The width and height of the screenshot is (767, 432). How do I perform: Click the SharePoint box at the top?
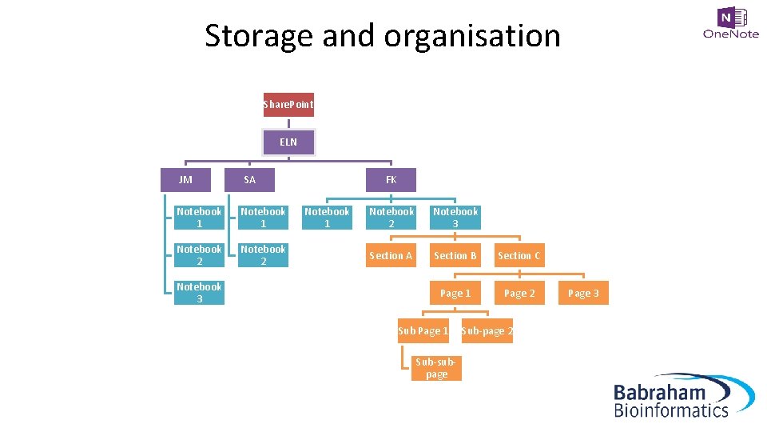[x=288, y=104]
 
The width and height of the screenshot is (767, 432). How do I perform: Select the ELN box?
[x=288, y=142]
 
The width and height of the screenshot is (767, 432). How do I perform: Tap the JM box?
[x=186, y=179]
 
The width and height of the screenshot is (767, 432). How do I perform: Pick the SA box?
[x=250, y=179]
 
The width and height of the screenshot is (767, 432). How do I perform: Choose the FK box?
[x=391, y=179]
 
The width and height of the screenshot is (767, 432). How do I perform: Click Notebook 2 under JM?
[x=199, y=255]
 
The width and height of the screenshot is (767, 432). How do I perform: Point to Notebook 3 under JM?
[x=199, y=293]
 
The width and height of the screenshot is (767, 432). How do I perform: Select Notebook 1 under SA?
[x=263, y=217]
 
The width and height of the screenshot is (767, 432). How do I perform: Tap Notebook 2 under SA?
[x=263, y=255]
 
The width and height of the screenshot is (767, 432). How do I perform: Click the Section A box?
[x=391, y=255]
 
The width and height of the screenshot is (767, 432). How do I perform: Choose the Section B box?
[x=455, y=255]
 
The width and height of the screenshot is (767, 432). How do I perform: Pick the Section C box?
[x=519, y=255]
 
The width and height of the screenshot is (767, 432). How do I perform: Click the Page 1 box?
[x=455, y=293]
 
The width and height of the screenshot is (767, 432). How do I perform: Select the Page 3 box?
[x=583, y=293]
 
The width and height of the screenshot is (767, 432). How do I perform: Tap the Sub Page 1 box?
[x=423, y=330]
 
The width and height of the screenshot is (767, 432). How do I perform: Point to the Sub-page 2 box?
[x=487, y=330]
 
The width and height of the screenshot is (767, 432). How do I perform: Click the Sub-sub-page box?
[x=436, y=368]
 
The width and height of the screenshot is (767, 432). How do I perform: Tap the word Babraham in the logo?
[x=659, y=392]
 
